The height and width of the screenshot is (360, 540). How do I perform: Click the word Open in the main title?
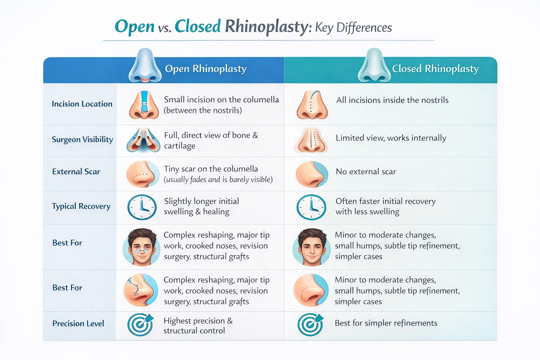[x=135, y=27]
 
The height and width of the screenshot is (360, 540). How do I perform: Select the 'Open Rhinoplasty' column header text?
[x=206, y=69]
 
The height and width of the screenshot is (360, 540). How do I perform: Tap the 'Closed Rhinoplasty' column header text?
[x=435, y=69]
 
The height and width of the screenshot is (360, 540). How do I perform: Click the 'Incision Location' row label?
[x=82, y=104]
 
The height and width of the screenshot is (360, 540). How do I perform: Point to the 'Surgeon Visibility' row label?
[x=82, y=140]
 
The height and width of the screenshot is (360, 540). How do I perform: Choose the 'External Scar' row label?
[x=76, y=172]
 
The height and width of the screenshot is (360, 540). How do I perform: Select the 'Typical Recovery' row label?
[x=81, y=206]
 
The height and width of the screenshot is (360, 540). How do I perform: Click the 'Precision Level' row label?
[x=78, y=323]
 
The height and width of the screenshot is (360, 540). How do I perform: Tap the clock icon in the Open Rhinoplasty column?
[x=142, y=207]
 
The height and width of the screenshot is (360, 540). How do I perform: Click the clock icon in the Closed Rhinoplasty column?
[x=311, y=207]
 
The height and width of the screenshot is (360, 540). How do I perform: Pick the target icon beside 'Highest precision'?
[x=140, y=324]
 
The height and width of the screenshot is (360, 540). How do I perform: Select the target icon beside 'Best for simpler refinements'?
[x=310, y=324]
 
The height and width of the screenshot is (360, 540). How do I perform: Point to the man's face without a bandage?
[x=311, y=247]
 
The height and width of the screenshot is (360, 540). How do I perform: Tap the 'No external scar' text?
[x=366, y=172]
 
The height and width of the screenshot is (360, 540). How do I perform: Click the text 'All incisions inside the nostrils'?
[x=392, y=100]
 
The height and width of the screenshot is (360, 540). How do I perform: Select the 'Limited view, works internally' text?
[x=391, y=138]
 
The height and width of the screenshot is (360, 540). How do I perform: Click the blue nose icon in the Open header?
[x=145, y=66]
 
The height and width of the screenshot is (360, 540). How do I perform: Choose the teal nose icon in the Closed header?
[x=374, y=66]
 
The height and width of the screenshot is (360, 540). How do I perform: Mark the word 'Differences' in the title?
[x=364, y=27]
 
